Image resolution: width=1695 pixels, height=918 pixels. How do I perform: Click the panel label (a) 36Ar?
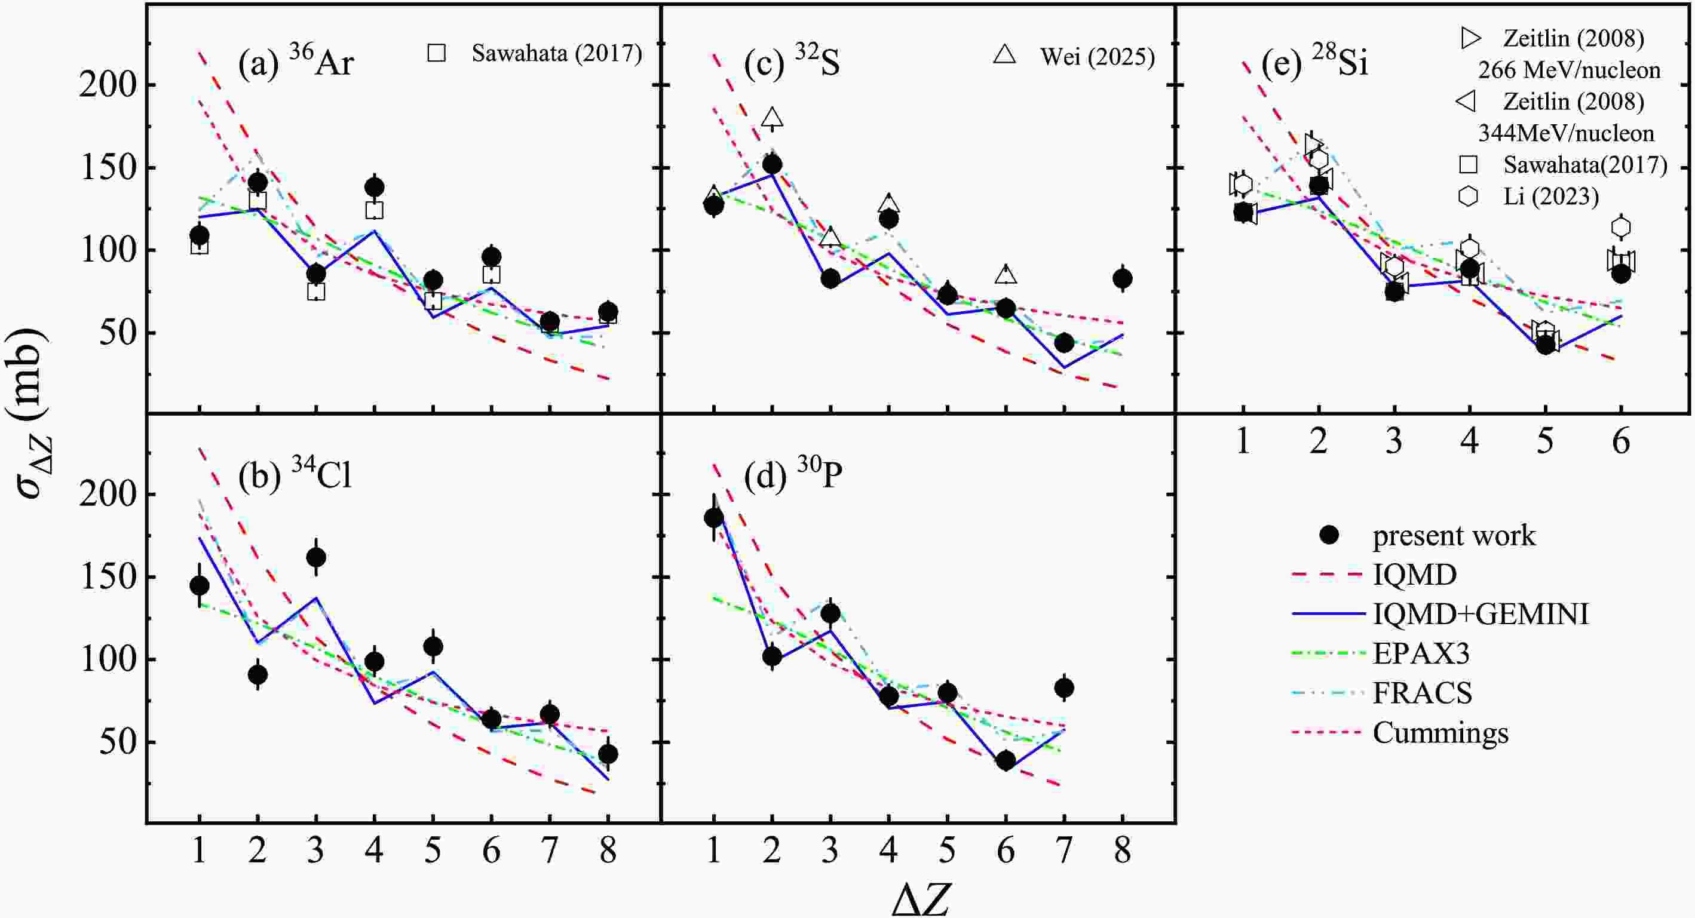pos(296,63)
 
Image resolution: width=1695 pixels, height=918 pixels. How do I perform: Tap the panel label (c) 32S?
pos(792,63)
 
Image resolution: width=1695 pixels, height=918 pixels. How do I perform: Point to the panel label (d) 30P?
pos(793,474)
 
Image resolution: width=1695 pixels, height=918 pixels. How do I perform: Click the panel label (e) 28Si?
pos(1314,63)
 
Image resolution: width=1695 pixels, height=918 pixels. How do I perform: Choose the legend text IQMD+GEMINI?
pos(1481,614)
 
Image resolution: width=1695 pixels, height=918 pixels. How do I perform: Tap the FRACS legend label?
pos(1422,693)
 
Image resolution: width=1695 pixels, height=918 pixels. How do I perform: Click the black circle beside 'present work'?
pos(1330,535)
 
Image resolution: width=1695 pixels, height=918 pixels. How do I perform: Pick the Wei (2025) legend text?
pos(1097,57)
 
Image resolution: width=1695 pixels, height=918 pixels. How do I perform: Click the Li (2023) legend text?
pos(1551,196)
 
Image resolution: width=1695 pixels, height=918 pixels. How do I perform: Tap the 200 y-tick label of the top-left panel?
pos(108,85)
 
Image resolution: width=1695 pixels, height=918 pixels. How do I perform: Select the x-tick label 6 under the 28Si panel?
pos(1621,441)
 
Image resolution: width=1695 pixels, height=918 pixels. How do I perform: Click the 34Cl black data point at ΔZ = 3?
pos(316,558)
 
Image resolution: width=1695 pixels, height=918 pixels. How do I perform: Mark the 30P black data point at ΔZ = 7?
pos(1064,689)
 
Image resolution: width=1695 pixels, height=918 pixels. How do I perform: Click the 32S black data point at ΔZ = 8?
pos(1123,279)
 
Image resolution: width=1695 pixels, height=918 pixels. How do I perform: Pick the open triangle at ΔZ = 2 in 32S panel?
pos(773,118)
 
